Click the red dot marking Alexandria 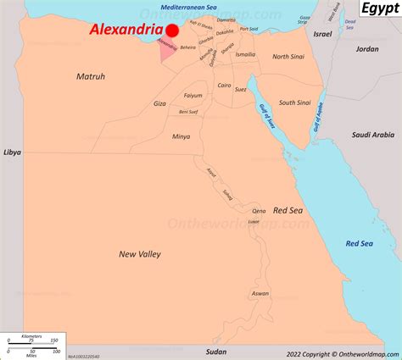pos(171,30)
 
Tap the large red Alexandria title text pos(126,30)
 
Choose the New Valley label pos(140,253)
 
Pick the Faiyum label pos(193,96)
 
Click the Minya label pos(181,136)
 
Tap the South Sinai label pos(294,102)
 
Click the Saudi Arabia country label pos(374,135)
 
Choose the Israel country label pos(322,35)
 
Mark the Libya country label pos(11,152)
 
